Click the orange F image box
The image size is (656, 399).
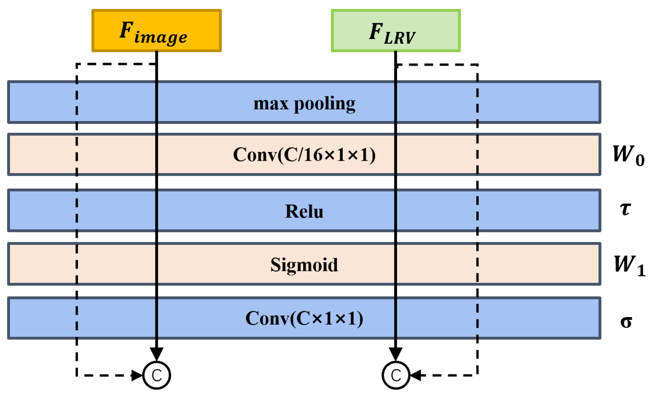(x=157, y=30)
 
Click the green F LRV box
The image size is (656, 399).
(x=396, y=30)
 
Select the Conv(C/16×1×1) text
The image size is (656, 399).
(x=304, y=155)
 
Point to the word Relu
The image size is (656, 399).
(x=304, y=211)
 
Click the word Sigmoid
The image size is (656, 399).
(x=304, y=265)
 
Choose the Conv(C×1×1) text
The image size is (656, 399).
(x=304, y=318)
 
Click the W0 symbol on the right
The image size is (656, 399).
(x=628, y=155)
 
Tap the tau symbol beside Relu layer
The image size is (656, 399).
(x=625, y=209)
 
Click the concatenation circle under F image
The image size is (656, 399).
(x=157, y=375)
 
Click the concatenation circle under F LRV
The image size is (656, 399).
(x=396, y=375)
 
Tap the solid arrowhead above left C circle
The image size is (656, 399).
(x=157, y=354)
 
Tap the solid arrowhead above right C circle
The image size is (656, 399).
(x=396, y=354)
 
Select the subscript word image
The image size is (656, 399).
(x=160, y=38)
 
